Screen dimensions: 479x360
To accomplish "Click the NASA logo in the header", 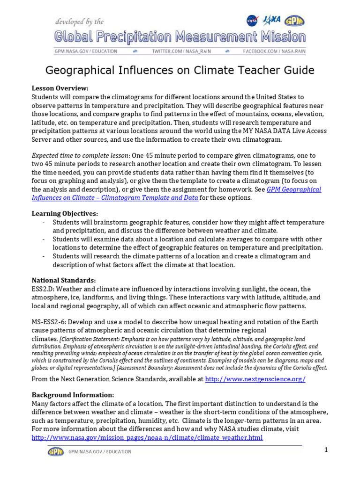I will (x=252, y=20).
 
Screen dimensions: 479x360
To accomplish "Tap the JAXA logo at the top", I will (x=272, y=20).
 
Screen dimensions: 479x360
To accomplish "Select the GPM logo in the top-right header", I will (x=295, y=20).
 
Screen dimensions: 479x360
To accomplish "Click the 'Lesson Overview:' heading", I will (x=60, y=88).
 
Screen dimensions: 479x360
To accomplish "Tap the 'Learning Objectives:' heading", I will (x=65, y=213).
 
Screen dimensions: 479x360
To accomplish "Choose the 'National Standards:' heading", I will (x=63, y=280).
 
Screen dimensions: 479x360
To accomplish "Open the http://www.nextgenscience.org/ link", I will (x=255, y=379).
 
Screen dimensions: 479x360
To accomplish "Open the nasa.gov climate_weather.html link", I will (x=147, y=438).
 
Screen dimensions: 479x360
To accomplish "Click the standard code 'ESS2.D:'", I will (x=44, y=289).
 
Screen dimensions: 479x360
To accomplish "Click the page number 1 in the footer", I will (x=325, y=450).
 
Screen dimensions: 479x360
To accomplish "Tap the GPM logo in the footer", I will (x=56, y=452).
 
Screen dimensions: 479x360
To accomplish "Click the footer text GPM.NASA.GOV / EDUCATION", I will (x=100, y=452).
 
